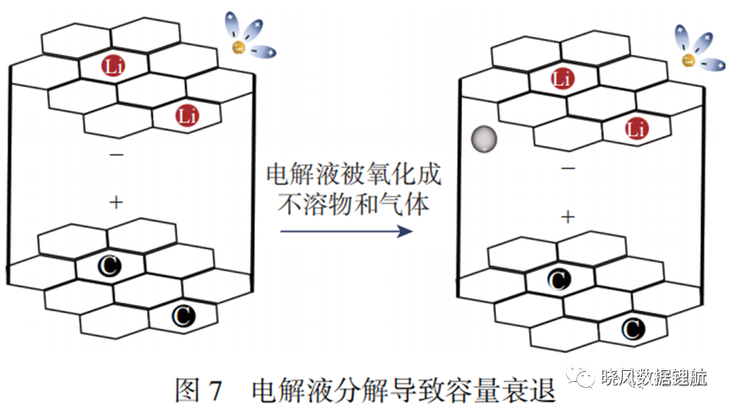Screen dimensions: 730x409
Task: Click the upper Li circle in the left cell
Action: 113,66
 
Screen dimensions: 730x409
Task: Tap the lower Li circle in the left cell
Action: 188,115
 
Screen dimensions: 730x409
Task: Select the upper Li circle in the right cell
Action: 563,79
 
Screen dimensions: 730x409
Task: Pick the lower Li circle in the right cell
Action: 637,128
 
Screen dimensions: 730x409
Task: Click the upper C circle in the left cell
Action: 110,266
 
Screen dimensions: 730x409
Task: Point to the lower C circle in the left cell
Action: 184,315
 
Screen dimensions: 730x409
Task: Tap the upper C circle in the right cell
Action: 559,280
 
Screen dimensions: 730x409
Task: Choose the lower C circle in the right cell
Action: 634,329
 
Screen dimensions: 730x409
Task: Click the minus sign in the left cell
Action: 117,155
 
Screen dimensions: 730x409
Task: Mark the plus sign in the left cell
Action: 117,202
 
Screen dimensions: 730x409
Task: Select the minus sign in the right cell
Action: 568,168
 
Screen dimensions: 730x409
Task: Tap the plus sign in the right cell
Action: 568,217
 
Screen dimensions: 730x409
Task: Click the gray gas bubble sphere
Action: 484,139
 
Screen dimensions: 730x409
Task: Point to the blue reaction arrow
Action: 346,231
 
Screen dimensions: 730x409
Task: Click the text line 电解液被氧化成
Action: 354,175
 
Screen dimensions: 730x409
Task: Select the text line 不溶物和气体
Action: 353,204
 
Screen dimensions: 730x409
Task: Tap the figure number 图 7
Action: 198,390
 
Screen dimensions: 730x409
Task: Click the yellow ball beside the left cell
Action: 239,47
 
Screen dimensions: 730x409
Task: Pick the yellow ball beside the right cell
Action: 689,60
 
